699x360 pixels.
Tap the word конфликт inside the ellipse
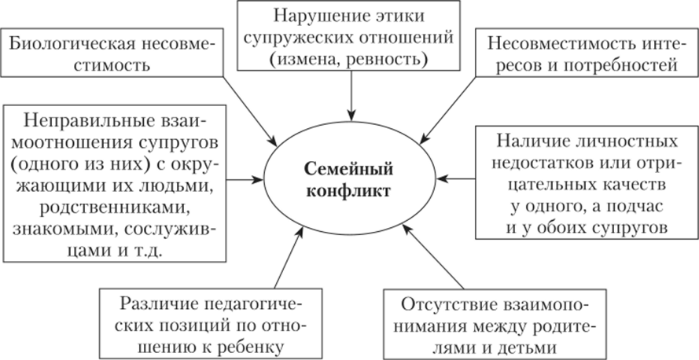click(349, 191)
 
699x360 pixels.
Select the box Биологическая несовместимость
click(110, 53)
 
